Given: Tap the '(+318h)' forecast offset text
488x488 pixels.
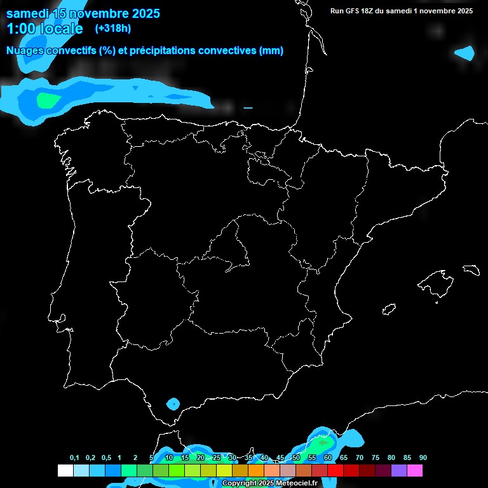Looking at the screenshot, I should point(112,29).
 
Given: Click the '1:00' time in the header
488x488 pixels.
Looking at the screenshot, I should point(20,29).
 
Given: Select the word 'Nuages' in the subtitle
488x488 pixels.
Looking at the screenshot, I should point(27,51).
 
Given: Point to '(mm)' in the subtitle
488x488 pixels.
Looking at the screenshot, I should point(271,51).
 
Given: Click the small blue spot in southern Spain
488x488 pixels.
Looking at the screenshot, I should point(173,403).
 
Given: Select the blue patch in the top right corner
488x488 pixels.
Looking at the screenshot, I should point(466,53).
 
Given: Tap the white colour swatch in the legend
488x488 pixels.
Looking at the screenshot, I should point(65,471).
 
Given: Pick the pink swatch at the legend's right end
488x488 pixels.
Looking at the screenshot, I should point(414,471).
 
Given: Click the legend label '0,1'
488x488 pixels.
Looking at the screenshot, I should point(74,458).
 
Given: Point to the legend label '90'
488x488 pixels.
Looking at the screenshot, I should point(423,458).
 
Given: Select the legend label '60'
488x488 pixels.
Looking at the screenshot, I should point(328,458).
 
